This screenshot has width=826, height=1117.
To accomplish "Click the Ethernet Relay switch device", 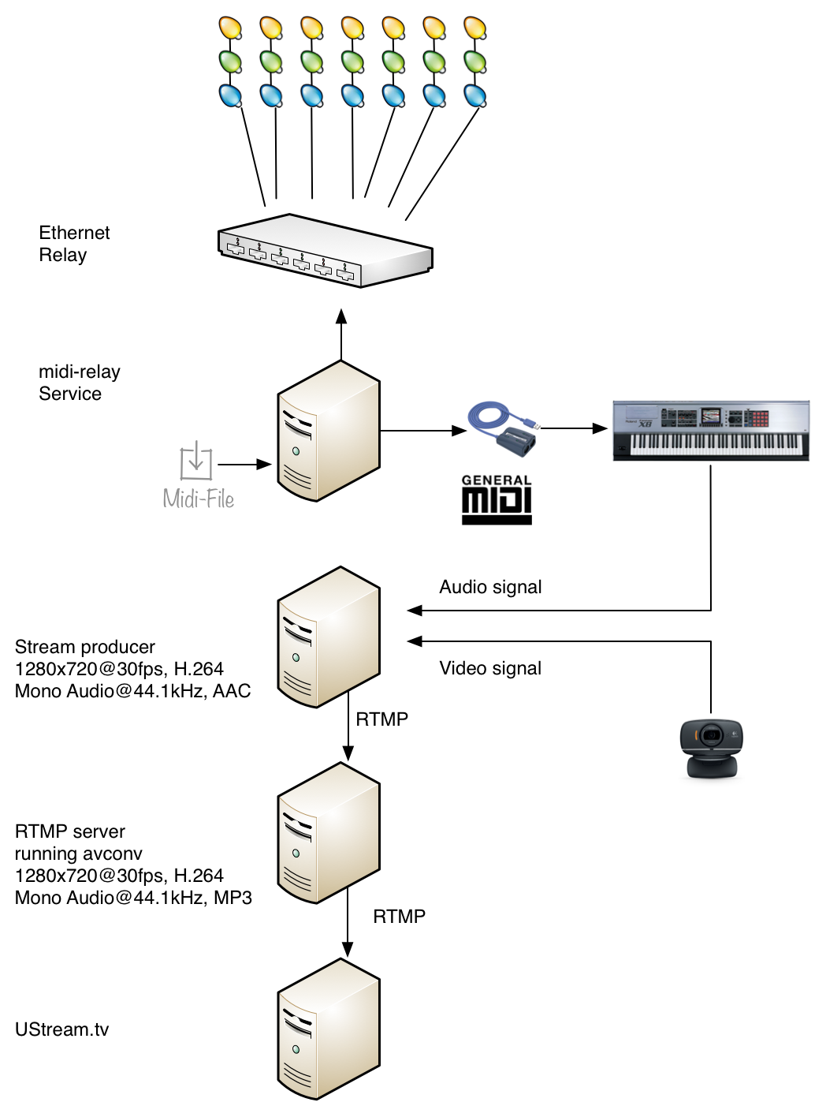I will point(325,251).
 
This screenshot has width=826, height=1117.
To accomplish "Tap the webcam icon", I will point(711,748).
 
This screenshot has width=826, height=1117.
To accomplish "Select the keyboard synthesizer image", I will point(711,430).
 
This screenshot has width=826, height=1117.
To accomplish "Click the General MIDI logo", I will point(497,499).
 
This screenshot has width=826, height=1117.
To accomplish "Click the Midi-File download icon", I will point(196,461).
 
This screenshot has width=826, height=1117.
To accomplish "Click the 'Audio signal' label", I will point(490,587).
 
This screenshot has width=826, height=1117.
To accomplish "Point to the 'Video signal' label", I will point(490,668).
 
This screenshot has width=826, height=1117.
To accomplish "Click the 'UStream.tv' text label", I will point(61,1029).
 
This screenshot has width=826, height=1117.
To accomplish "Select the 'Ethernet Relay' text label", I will point(74,244).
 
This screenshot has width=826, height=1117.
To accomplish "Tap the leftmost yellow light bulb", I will point(230,28).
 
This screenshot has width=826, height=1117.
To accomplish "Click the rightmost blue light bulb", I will point(475,96).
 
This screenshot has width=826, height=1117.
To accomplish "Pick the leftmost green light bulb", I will point(230,62).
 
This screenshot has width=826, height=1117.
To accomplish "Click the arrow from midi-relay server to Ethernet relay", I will point(341,335).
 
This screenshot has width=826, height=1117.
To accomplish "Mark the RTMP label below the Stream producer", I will point(382,719).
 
